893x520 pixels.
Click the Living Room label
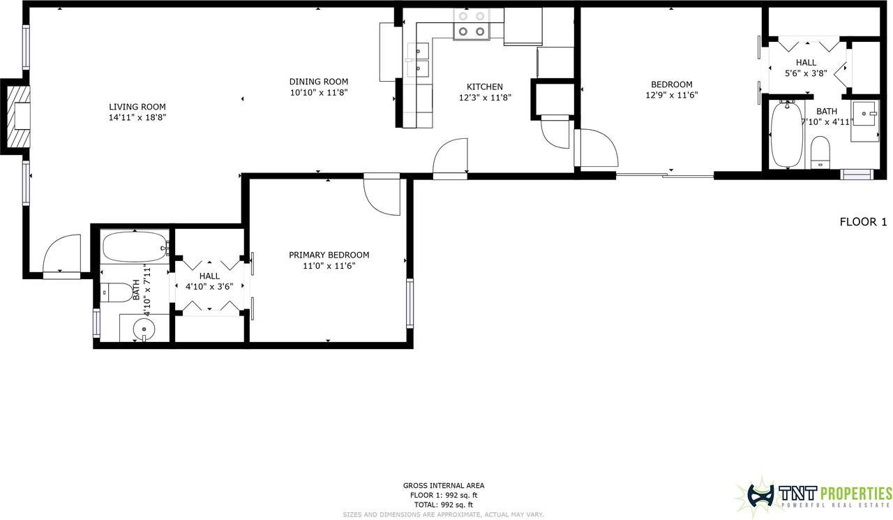(x=137, y=107)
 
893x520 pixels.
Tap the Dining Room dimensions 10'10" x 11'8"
(x=319, y=93)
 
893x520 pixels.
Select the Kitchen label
(x=485, y=87)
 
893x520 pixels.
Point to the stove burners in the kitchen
(x=472, y=24)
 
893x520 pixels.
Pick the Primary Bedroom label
(x=329, y=255)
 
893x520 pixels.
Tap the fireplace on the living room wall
(x=16, y=116)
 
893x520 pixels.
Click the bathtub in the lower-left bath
(x=135, y=247)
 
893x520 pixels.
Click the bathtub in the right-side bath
(x=786, y=135)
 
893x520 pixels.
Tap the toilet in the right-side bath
(x=820, y=152)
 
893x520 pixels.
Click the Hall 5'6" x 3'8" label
(x=806, y=68)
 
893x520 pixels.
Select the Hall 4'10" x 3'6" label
(x=209, y=281)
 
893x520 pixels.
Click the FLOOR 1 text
(x=863, y=222)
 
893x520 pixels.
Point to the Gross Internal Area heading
(x=444, y=486)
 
